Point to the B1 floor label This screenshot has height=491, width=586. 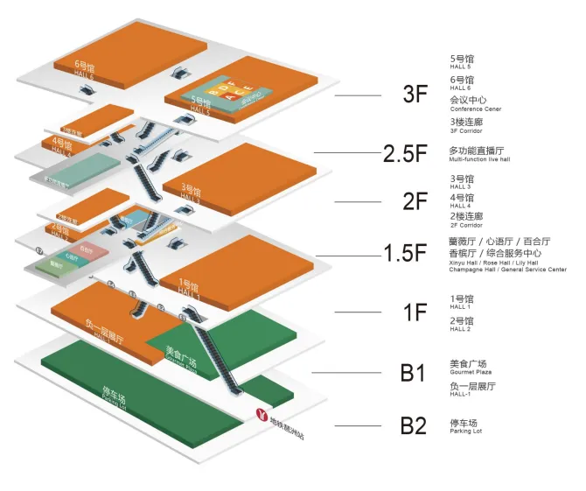pos(413,374)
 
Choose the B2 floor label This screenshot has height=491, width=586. pos(413,426)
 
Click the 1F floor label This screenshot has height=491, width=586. pos(414,312)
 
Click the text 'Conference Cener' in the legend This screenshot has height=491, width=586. pos(475,109)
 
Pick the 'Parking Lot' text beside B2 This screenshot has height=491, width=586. pos(465,430)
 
